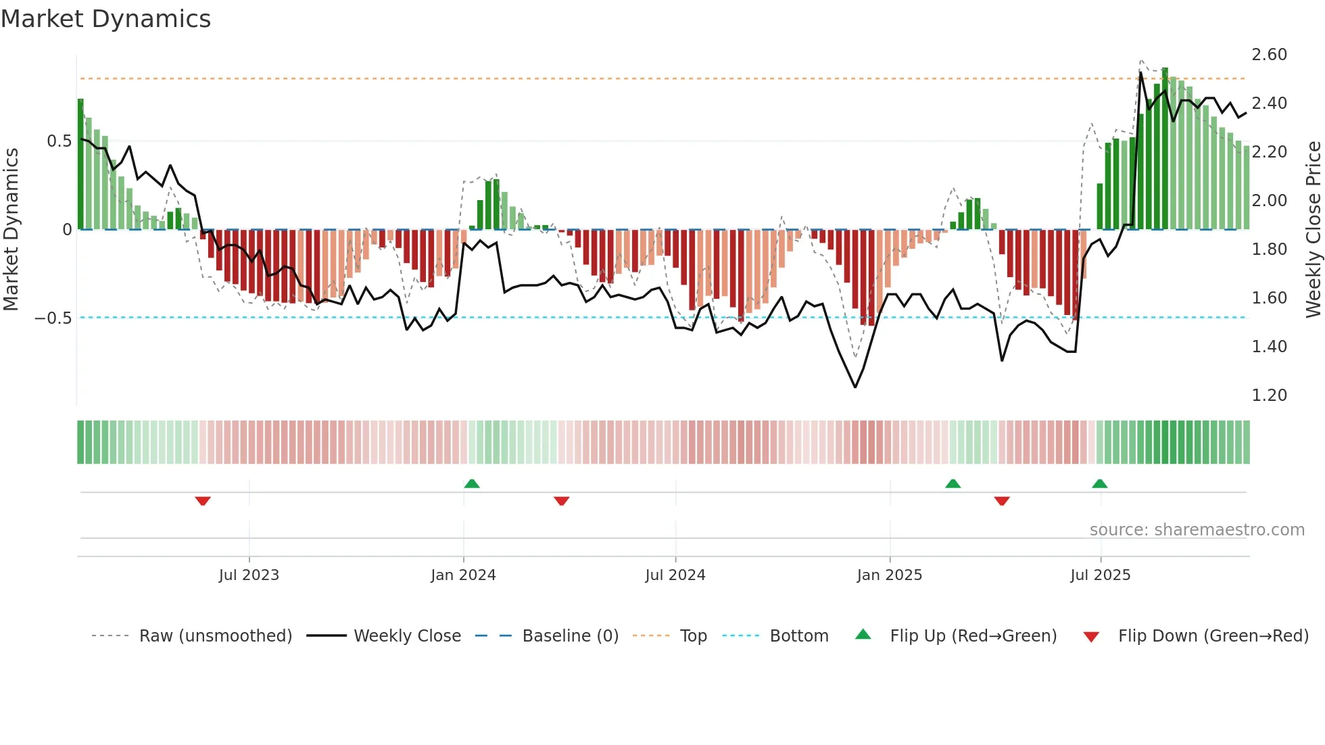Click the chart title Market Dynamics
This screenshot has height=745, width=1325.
click(105, 19)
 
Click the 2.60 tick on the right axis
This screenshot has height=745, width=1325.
click(1269, 55)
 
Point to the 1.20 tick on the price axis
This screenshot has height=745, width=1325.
click(1269, 395)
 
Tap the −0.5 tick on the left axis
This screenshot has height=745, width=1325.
click(53, 318)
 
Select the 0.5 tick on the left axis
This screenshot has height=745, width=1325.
click(59, 141)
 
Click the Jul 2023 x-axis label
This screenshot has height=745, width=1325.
click(249, 575)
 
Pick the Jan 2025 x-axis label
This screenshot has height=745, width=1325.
click(889, 575)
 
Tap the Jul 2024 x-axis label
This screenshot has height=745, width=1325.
click(675, 575)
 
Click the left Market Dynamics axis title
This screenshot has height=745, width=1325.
click(11, 230)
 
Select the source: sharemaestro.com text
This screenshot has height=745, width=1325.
click(1197, 530)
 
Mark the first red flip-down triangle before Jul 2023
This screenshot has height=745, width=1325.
click(203, 501)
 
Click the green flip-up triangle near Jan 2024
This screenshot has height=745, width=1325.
click(472, 483)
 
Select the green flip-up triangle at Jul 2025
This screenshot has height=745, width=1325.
click(1100, 483)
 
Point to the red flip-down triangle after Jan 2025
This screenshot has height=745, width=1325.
click(1002, 501)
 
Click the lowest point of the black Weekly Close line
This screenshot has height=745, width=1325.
click(855, 387)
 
